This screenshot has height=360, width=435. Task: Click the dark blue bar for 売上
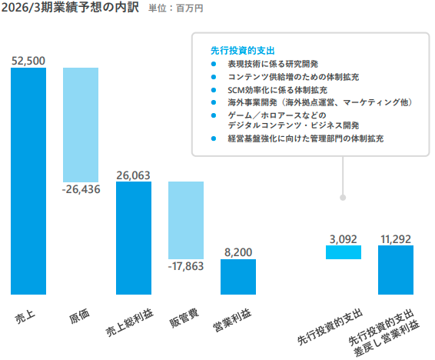point(28,181)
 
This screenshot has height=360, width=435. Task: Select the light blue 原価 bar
point(81,124)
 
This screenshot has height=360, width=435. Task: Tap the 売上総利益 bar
point(133,238)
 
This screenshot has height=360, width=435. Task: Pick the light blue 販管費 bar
point(185,220)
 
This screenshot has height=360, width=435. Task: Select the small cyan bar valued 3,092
point(344,252)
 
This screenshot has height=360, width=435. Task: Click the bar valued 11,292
point(396,270)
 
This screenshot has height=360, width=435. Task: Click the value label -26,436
point(81,189)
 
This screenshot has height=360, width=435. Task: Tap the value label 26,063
point(133,175)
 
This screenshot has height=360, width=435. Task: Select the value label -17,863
point(185,266)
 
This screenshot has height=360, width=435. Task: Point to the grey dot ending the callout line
point(344,198)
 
